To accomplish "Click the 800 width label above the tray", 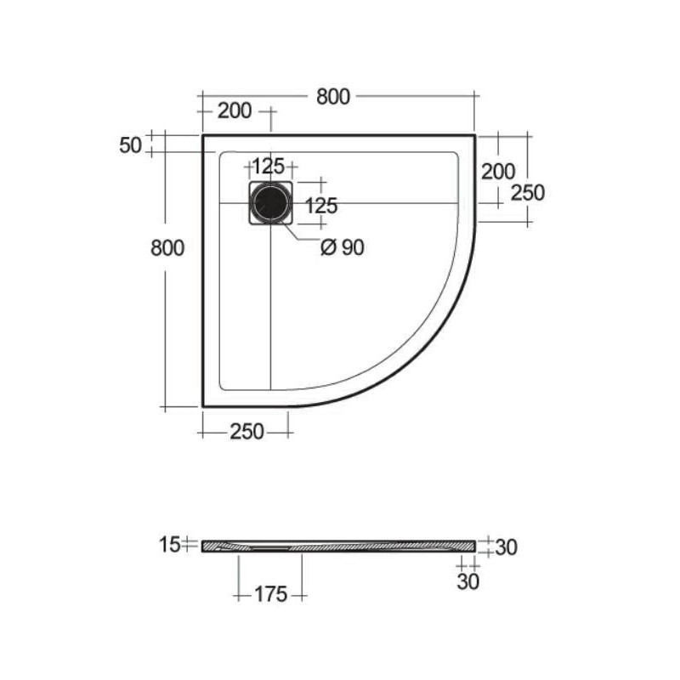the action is click(x=333, y=97).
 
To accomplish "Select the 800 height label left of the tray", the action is click(x=167, y=248).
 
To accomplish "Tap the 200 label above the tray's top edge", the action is click(x=235, y=111).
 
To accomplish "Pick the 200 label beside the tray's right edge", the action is click(x=498, y=172).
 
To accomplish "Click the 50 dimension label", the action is click(x=131, y=145).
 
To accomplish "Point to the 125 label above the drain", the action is click(x=269, y=166).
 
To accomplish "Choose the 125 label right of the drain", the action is click(x=321, y=206).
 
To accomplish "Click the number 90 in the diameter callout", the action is click(x=353, y=247).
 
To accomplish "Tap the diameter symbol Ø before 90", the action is click(x=328, y=247).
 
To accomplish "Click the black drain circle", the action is click(x=271, y=203).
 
